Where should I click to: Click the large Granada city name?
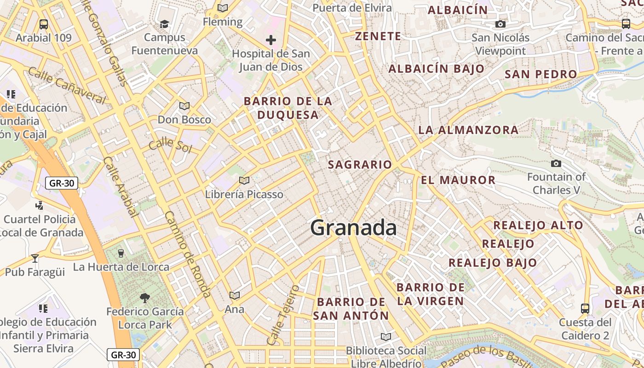353,228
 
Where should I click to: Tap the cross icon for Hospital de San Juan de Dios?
271,40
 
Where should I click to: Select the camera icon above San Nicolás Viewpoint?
500,24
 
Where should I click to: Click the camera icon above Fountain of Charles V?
556,163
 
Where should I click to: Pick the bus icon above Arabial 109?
44,24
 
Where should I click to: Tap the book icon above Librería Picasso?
244,180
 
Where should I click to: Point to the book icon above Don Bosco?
184,106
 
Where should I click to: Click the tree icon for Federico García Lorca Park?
145,298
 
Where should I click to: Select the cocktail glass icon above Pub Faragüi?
35,258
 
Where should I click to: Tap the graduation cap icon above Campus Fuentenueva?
164,24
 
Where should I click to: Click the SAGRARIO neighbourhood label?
360,165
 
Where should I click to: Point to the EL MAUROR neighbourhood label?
458,180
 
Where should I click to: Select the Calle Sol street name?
170,145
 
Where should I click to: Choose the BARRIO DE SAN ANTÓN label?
351,309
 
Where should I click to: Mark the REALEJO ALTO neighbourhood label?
538,225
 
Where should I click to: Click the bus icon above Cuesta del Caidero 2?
585,308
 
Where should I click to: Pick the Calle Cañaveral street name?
67,85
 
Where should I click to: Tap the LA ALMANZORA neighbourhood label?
468,130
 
